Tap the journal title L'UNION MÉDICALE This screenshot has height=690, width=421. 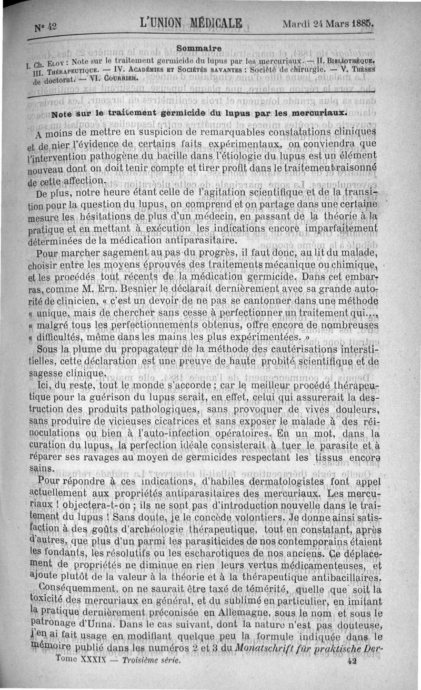pos(192,24)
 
